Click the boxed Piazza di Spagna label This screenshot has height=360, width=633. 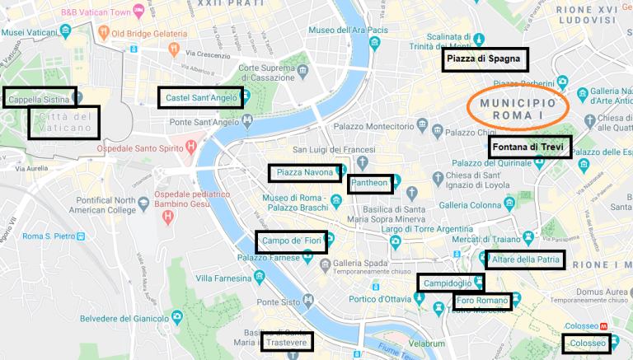pyautogui.click(x=484, y=59)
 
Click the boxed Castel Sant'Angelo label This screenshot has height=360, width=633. pyautogui.click(x=200, y=98)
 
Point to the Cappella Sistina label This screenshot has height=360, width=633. pyautogui.click(x=39, y=98)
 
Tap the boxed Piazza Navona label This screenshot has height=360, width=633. pyautogui.click(x=304, y=173)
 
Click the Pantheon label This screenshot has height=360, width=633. pyautogui.click(x=369, y=183)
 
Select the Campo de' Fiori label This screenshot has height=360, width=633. pyautogui.click(x=291, y=241)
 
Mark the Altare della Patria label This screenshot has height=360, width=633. pyautogui.click(x=525, y=260)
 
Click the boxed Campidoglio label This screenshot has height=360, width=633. pyautogui.click(x=449, y=283)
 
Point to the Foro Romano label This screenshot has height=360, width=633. pyautogui.click(x=482, y=302)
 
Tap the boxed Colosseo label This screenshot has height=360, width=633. pyautogui.click(x=588, y=343)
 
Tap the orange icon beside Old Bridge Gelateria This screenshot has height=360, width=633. pyautogui.click(x=104, y=33)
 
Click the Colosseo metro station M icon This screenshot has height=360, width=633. pyautogui.click(x=604, y=325)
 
